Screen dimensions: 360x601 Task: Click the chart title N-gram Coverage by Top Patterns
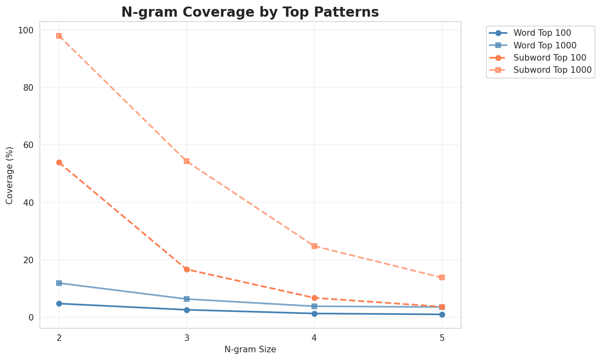click(250, 12)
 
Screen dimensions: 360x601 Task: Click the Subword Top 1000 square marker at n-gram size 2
click(59, 36)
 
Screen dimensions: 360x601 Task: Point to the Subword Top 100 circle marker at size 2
click(59, 162)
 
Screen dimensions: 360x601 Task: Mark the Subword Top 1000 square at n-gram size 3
click(187, 161)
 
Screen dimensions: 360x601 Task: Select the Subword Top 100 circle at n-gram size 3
click(187, 269)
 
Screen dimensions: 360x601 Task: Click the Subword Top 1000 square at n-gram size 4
click(314, 246)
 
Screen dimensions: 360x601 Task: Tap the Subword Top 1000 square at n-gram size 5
click(442, 277)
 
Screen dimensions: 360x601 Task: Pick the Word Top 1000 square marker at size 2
click(59, 283)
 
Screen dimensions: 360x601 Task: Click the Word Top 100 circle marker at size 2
click(59, 303)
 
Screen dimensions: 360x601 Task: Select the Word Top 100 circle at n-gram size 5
click(442, 314)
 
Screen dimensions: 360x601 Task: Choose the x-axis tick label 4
click(314, 338)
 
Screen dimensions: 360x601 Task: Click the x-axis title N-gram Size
click(250, 349)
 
